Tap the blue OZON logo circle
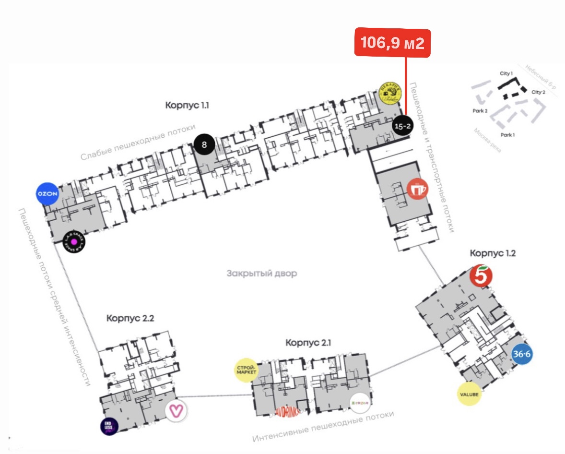[x=47, y=194]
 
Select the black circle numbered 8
[x=204, y=144]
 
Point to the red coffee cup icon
[x=417, y=189]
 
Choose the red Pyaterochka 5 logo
[x=481, y=276]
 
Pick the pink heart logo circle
[x=176, y=411]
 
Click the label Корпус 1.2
[x=493, y=253]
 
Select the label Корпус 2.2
[x=130, y=318]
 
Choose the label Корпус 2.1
[x=308, y=343]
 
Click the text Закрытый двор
[x=262, y=274]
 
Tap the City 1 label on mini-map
[x=506, y=73]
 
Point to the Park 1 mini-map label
[x=507, y=135]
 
